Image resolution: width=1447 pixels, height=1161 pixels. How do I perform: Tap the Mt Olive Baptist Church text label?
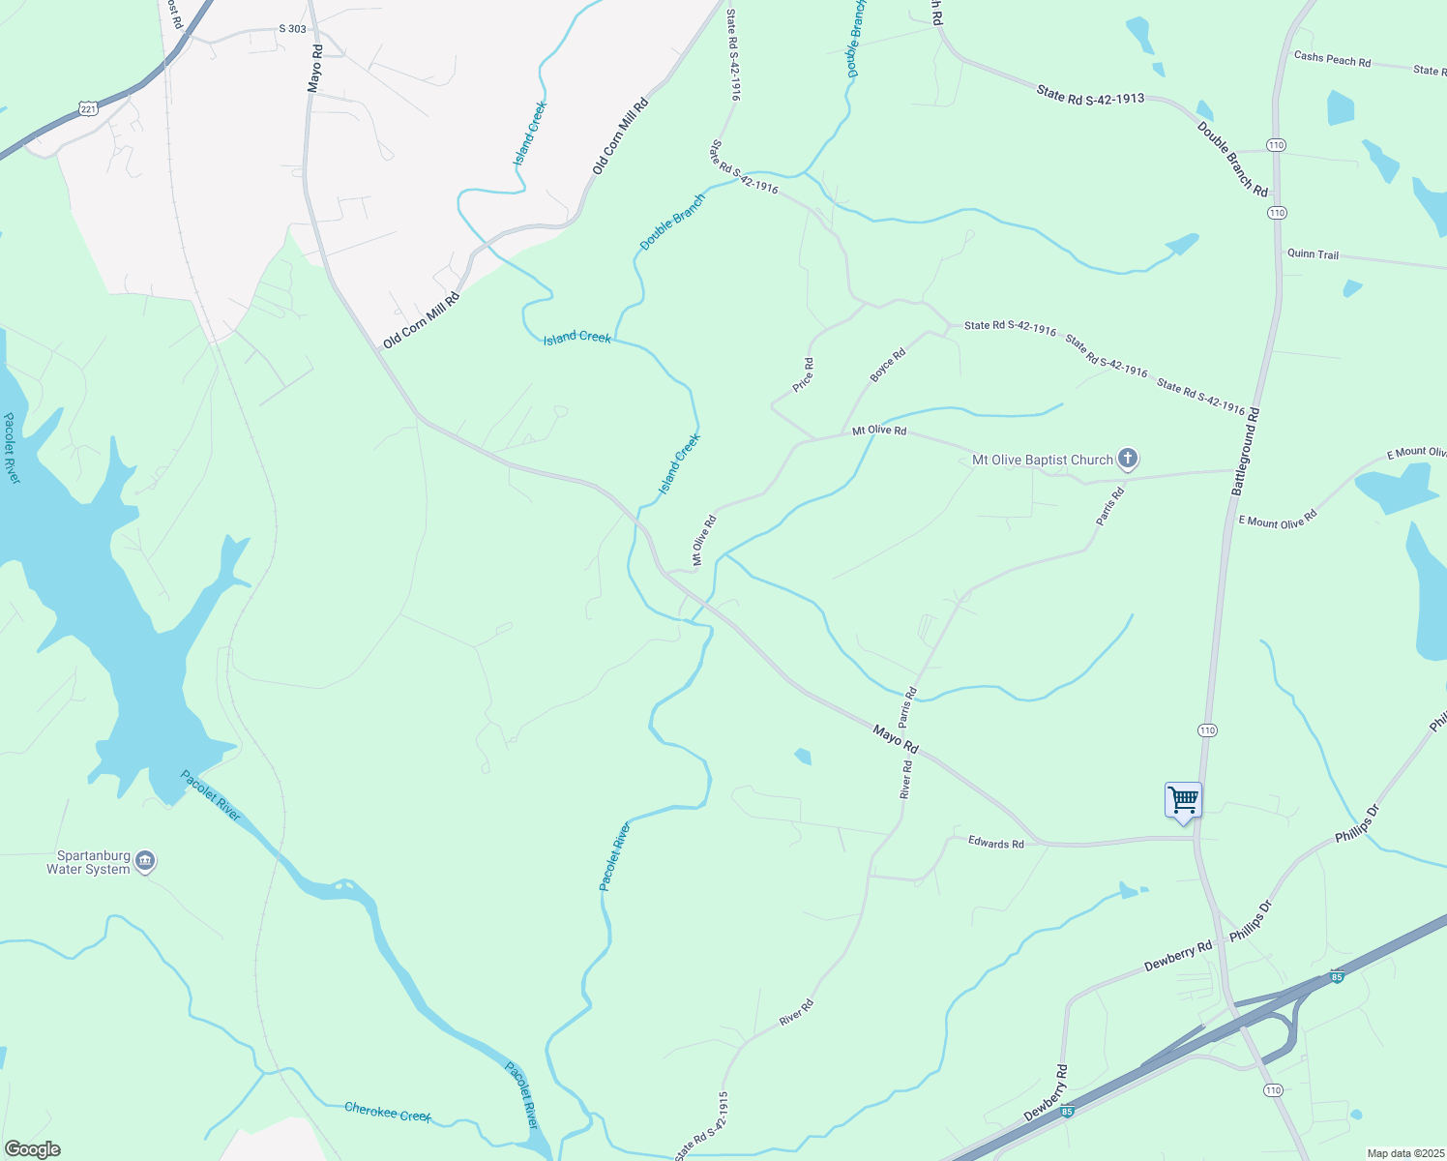pos(1042,461)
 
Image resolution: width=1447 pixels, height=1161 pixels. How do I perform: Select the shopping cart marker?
pos(1183,801)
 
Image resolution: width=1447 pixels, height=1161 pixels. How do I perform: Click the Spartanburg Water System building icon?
pos(145,860)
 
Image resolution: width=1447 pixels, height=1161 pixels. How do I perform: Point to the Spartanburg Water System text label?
pos(88,863)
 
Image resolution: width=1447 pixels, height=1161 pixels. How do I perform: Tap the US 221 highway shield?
pos(89,108)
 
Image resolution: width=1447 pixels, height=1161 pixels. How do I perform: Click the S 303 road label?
pos(292,29)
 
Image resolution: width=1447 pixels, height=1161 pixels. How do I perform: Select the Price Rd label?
pos(803,375)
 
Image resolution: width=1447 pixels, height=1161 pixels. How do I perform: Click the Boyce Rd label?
pos(887,365)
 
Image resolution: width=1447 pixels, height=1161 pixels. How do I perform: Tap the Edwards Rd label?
pos(995,844)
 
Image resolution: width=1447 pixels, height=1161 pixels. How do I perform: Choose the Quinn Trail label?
pos(1313,254)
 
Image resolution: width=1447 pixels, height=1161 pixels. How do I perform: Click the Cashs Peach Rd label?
pos(1332,60)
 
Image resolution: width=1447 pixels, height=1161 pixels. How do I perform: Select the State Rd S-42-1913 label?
pos(1090,94)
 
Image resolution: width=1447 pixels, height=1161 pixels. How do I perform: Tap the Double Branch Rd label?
pos(1232,160)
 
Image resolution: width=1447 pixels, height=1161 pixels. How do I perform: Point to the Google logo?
pos(32,1149)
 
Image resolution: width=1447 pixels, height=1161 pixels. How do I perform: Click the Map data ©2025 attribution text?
pos(1403,1153)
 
